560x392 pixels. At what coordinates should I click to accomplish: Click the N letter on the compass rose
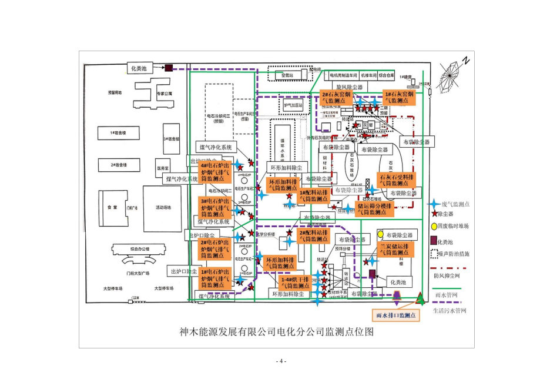[x=465, y=60]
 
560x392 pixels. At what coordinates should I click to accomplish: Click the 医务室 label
[x=163, y=168]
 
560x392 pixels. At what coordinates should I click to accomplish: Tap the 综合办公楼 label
[x=139, y=248]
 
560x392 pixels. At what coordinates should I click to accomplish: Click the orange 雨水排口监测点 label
[x=395, y=315]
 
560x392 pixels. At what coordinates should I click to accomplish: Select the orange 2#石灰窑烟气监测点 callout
[x=336, y=98]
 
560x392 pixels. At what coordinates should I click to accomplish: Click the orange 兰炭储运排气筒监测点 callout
[x=395, y=250]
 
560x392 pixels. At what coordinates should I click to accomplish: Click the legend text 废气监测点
[x=459, y=204]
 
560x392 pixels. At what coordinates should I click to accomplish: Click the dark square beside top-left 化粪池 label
[x=169, y=68]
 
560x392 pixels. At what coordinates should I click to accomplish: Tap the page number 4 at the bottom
[x=280, y=361]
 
